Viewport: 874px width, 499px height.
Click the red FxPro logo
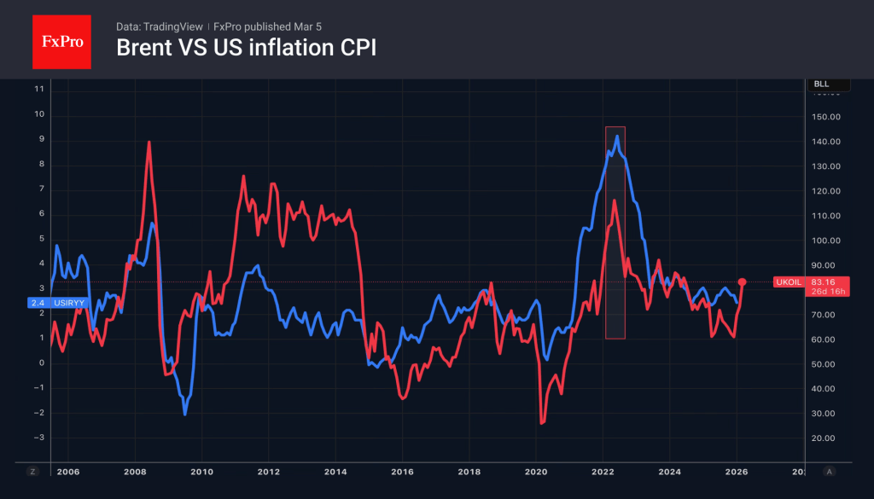click(x=61, y=40)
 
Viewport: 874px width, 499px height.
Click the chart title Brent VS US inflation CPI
click(x=246, y=49)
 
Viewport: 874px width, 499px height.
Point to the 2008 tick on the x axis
click(x=135, y=471)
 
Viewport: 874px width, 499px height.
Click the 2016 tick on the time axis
click(x=402, y=471)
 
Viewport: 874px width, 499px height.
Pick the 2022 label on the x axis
click(x=603, y=471)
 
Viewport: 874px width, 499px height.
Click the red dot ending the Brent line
click(x=743, y=281)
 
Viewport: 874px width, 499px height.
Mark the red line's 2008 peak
click(x=149, y=142)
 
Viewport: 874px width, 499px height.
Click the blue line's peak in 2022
click(x=617, y=136)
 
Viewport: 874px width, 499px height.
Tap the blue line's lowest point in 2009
click(x=185, y=414)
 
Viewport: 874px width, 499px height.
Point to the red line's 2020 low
click(x=542, y=422)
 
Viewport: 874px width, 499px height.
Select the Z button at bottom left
click(x=33, y=471)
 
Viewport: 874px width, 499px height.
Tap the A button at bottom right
click(x=829, y=471)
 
